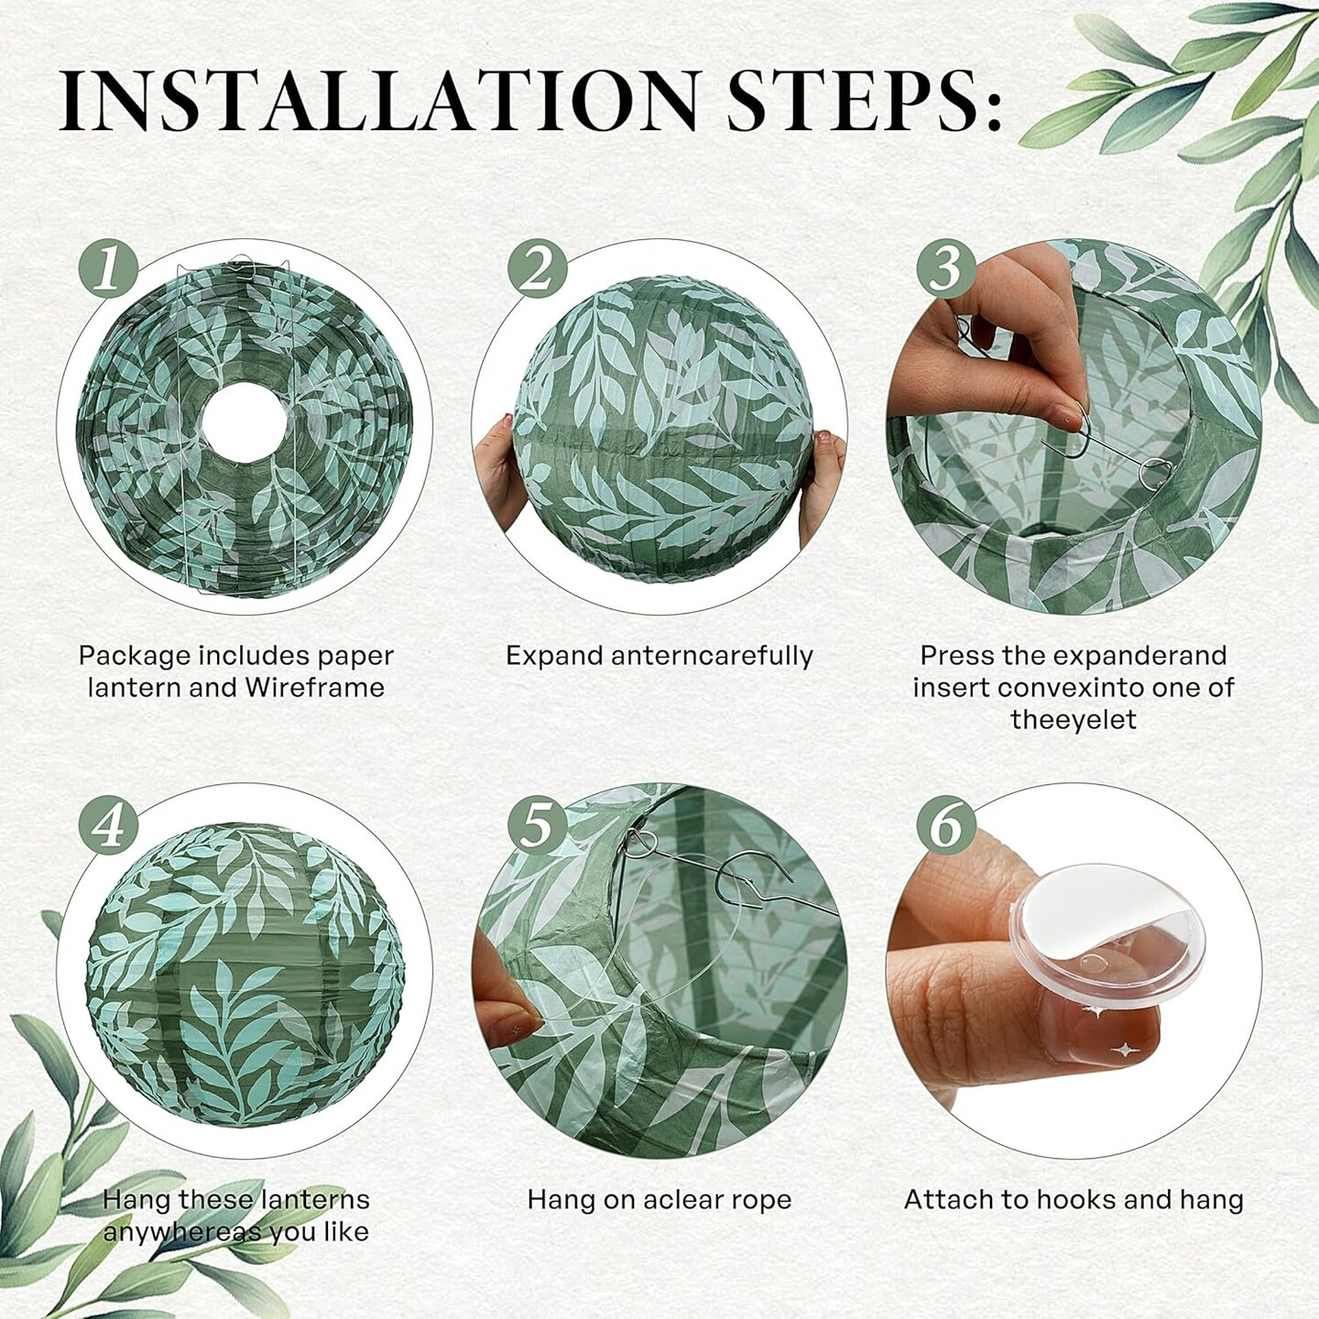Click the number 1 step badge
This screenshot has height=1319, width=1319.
pyautogui.click(x=109, y=267)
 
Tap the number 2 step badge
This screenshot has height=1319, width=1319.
pyautogui.click(x=538, y=267)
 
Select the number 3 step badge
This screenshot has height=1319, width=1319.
pyautogui.click(x=946, y=267)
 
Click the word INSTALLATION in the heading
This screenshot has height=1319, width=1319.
pyautogui.click(x=378, y=103)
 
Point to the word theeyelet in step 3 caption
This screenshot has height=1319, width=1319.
pyautogui.click(x=1074, y=719)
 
